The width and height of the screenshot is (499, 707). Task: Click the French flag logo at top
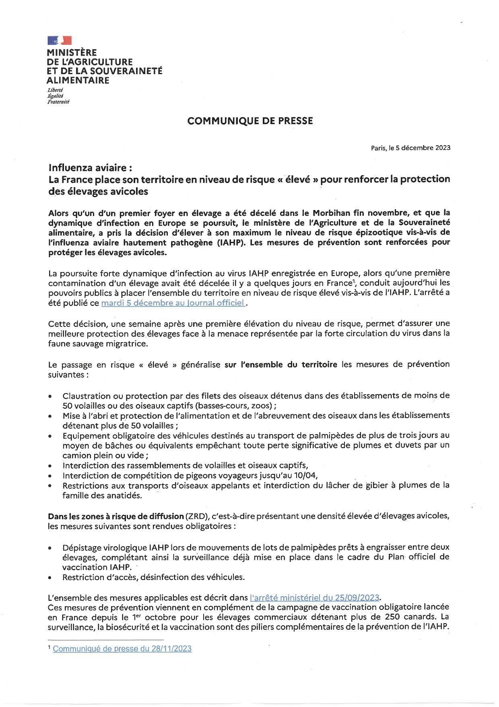click(59, 40)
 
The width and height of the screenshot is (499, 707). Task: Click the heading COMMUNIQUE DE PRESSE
click(250, 121)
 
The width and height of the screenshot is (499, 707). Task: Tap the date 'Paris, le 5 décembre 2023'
click(410, 148)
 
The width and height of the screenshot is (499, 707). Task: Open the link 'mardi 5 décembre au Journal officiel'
click(173, 303)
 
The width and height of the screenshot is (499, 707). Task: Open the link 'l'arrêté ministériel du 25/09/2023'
click(314, 597)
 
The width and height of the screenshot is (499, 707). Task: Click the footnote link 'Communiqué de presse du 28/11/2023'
click(122, 649)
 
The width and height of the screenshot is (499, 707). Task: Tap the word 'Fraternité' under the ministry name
click(58, 102)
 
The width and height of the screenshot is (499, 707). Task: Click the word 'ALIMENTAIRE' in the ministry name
click(78, 80)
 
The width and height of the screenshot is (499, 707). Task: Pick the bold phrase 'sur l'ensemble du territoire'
click(281, 365)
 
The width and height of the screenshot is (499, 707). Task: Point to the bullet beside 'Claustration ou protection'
click(50, 396)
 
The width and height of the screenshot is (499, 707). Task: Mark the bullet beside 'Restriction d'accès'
click(50, 578)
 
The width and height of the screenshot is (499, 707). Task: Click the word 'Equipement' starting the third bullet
click(82, 436)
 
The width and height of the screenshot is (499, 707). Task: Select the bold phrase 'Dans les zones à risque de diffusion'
click(115, 516)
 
